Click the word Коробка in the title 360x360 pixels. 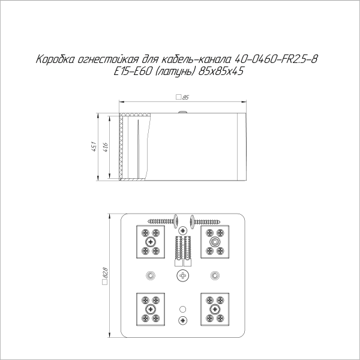pyautogui.click(x=56, y=61)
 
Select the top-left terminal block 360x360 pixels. pyautogui.click(x=150, y=241)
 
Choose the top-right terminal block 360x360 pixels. pyautogui.click(x=215, y=242)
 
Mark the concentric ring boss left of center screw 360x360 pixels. pyautogui.click(x=151, y=275)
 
